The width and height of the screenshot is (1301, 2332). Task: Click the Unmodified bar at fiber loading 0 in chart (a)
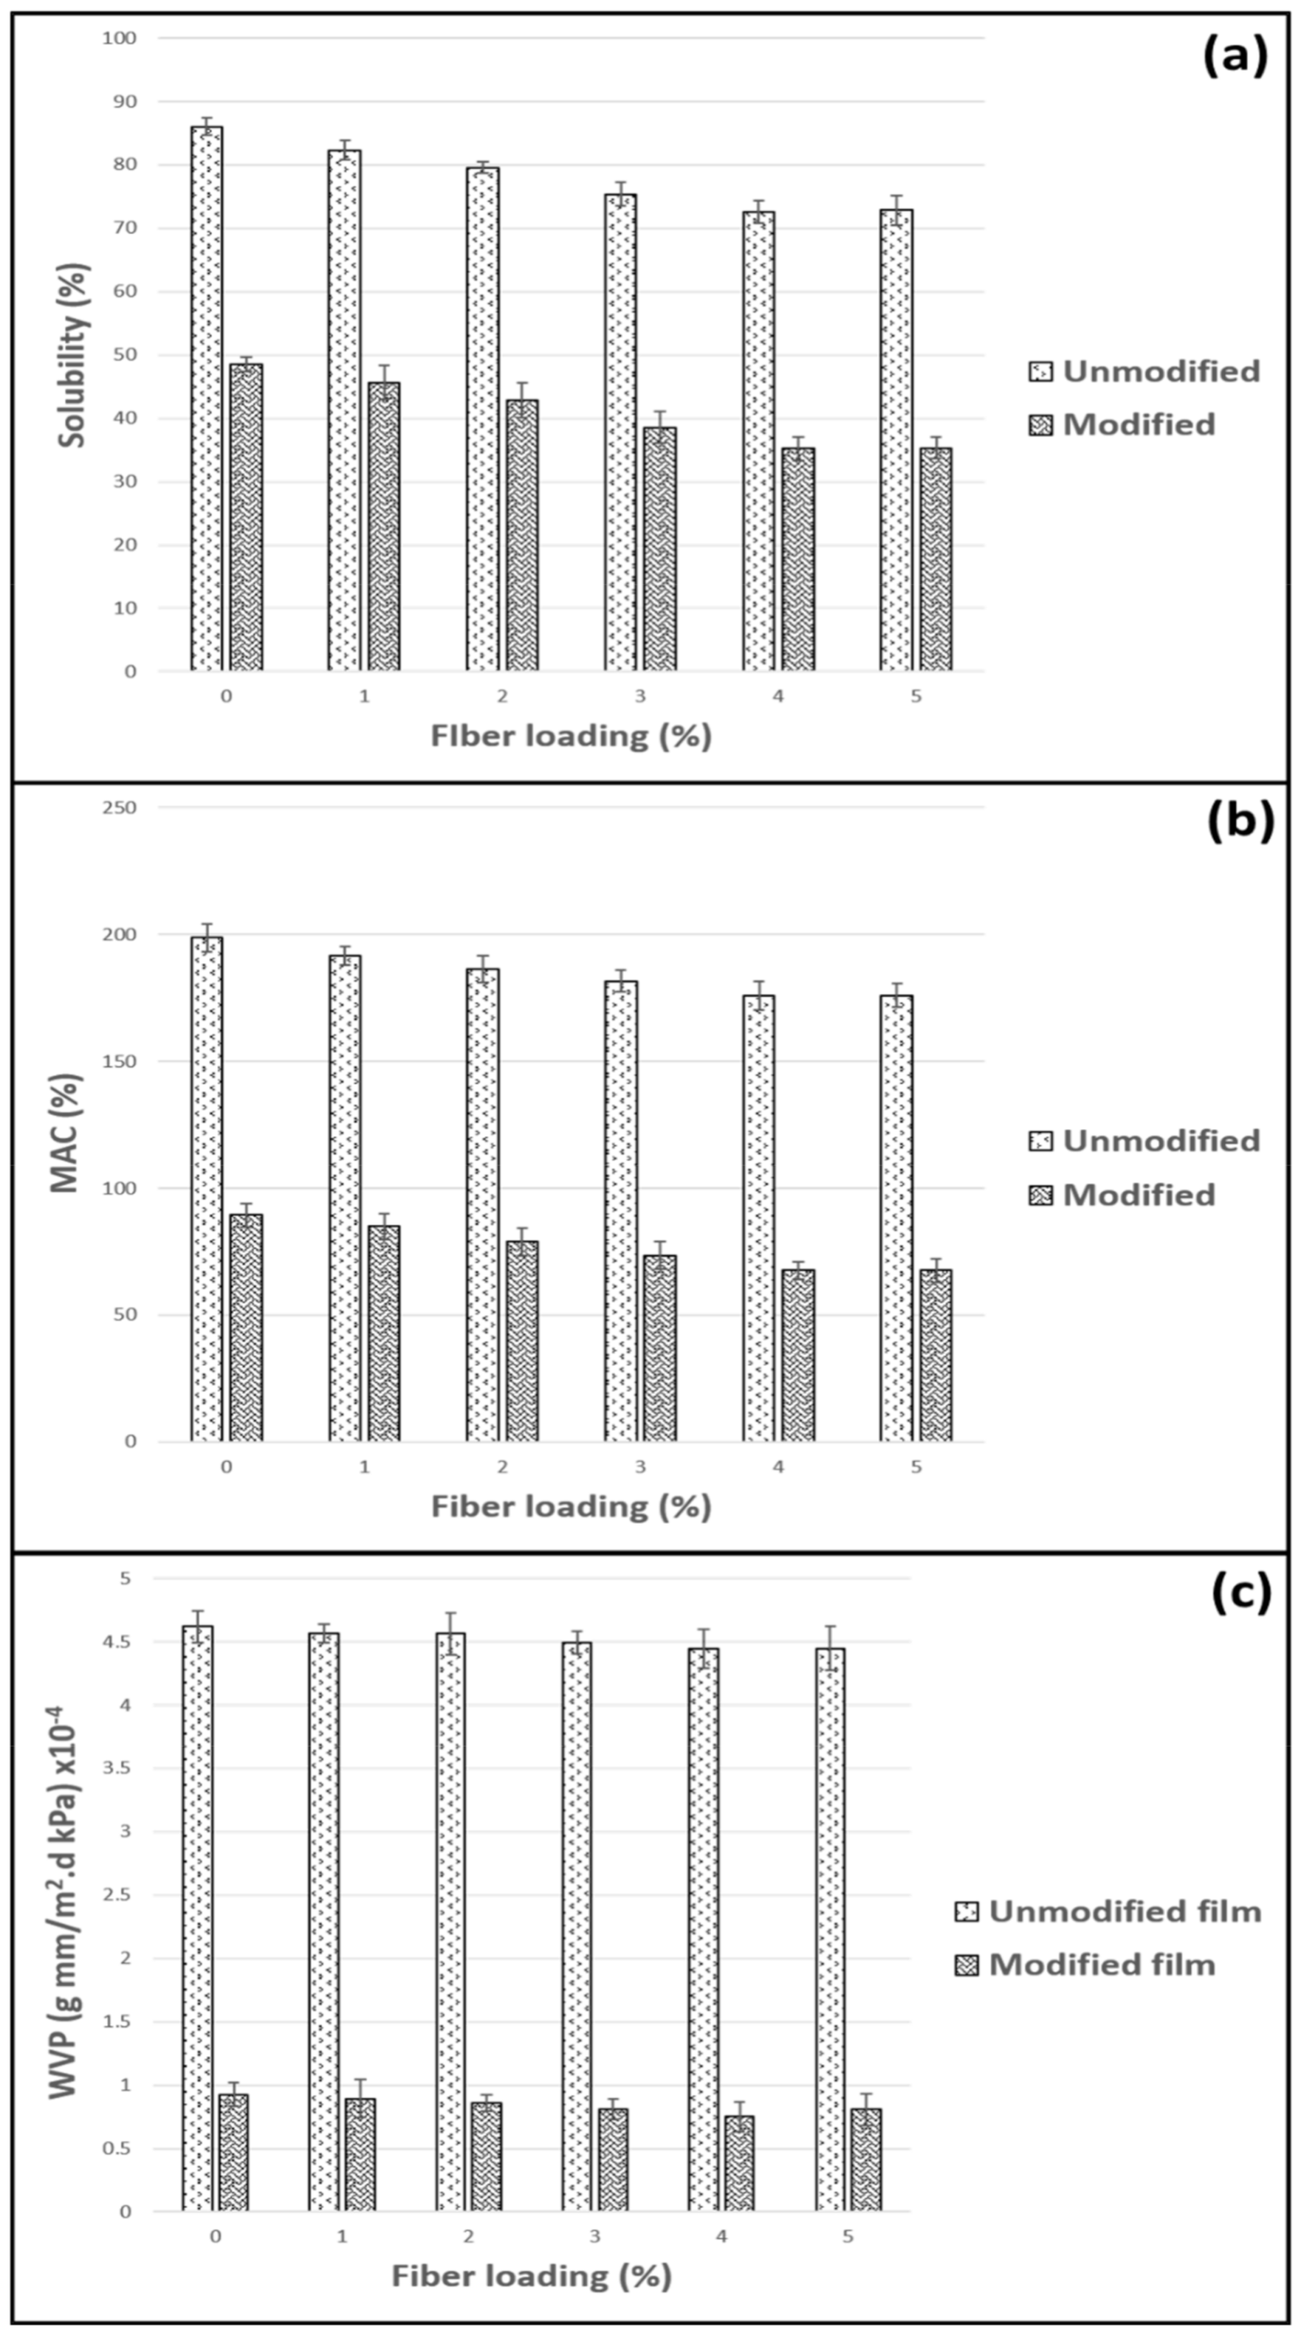206,398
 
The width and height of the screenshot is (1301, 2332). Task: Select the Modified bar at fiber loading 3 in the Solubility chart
660,549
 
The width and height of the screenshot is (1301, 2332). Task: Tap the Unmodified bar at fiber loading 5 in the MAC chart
895,1217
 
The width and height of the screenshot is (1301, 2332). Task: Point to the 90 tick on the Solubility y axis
124,101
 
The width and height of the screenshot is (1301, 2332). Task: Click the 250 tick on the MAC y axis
120,807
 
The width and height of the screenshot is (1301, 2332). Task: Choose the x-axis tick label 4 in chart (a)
777,696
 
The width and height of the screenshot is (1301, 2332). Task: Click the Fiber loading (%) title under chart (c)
531,2275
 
